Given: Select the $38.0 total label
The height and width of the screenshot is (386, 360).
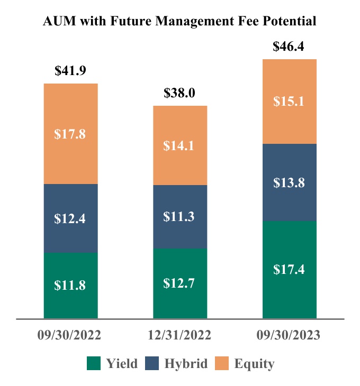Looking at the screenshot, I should click(180, 94).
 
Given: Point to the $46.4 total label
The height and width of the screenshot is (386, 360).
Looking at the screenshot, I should click(289, 47).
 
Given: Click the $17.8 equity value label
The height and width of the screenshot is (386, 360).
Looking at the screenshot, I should click(70, 134).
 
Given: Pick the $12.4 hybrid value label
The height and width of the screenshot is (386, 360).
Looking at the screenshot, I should click(70, 218).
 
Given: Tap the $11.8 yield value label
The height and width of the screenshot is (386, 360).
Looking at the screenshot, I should click(70, 286).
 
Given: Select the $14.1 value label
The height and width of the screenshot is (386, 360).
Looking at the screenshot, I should click(180, 145).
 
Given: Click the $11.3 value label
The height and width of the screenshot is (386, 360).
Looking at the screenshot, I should click(180, 217).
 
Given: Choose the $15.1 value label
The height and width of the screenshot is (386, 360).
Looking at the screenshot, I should click(289, 101).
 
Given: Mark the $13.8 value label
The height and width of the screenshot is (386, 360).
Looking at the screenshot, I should click(289, 182).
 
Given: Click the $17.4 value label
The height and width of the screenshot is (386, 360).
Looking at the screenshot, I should click(289, 270).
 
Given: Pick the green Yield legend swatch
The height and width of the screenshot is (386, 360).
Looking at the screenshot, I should click(94, 363).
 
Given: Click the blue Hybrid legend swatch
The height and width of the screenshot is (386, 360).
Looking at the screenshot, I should click(152, 363).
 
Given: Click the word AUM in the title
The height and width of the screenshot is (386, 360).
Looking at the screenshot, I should click(57, 21).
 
